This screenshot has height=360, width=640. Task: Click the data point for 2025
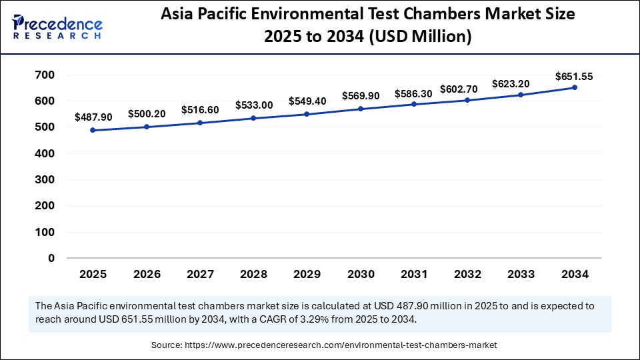[x=93, y=130]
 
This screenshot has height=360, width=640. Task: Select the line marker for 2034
[x=574, y=87]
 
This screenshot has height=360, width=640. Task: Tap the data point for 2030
[x=361, y=109]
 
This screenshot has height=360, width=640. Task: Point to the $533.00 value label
[x=254, y=105]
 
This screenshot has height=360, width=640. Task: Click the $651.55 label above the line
[x=574, y=77]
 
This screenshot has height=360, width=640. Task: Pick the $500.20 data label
[x=147, y=114]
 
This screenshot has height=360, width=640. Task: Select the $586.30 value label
[x=413, y=94]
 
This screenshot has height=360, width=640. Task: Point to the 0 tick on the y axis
[x=51, y=258]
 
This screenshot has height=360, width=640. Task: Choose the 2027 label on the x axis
[x=199, y=274]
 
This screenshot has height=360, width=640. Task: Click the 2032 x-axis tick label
[x=467, y=274]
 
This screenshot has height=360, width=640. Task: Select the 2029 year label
[x=307, y=274]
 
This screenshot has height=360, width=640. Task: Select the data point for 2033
[x=521, y=95]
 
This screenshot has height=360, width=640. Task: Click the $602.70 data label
[x=467, y=90]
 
